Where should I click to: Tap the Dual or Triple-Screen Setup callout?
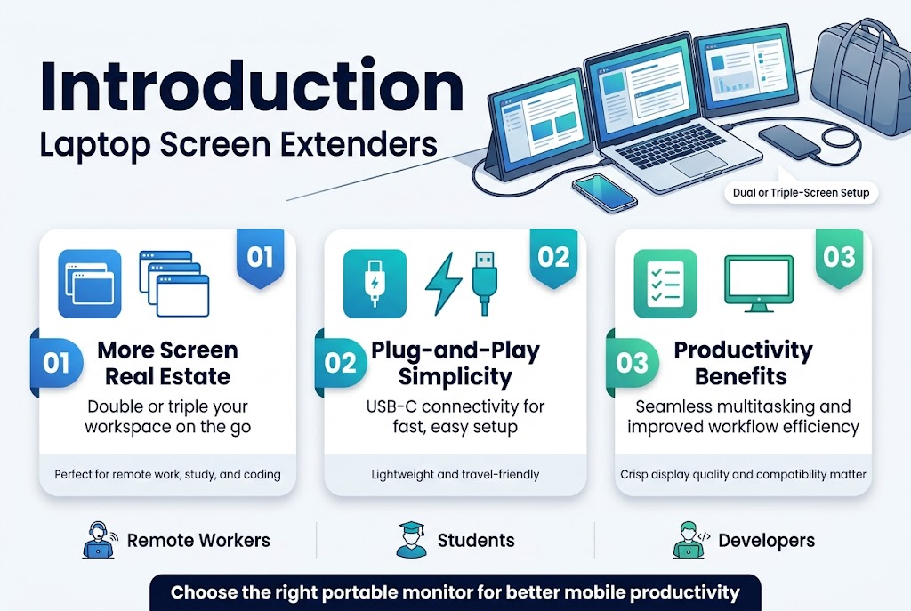800,192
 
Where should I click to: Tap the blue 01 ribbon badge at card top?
260,258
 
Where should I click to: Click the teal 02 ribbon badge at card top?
553,258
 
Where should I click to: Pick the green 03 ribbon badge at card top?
839,258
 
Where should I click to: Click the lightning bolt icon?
443,284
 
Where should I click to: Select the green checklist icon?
665,284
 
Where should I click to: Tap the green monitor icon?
758,284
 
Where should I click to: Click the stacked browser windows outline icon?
173,284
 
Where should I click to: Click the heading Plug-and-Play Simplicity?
455,363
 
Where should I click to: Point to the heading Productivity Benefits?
743,363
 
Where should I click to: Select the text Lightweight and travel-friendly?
455,475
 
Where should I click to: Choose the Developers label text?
766,540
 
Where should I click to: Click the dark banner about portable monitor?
455,592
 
